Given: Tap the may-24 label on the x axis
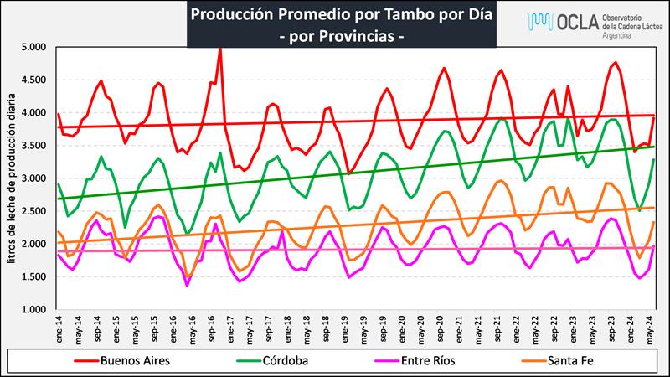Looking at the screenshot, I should [651, 328].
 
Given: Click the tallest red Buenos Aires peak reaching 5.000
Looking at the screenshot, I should [220, 49].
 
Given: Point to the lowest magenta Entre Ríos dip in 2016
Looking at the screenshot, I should [187, 286].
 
